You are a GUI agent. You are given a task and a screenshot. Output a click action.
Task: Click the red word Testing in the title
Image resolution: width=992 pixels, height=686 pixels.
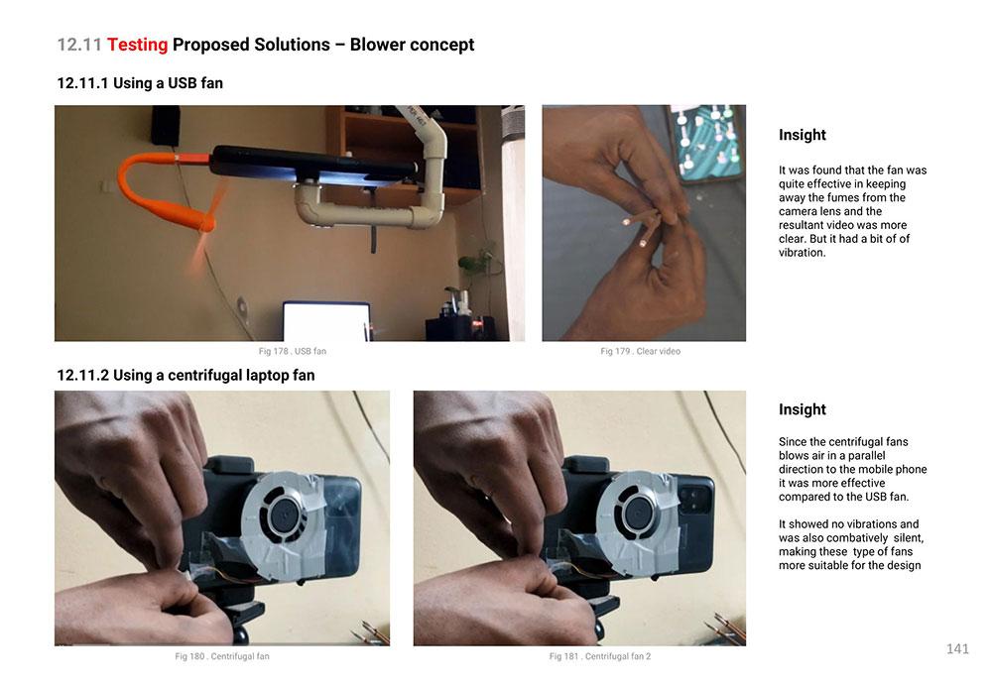click(137, 45)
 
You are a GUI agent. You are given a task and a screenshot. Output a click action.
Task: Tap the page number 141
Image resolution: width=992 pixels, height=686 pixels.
click(957, 648)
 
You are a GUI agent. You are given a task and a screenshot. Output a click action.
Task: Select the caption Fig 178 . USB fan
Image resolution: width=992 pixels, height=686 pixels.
click(293, 351)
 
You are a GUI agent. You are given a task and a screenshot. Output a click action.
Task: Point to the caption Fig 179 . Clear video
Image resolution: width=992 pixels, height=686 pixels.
click(640, 351)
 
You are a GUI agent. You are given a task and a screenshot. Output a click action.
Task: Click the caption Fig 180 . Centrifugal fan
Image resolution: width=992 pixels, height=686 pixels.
click(222, 656)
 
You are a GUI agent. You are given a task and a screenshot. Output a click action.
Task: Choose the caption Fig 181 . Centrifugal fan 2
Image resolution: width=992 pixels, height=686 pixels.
click(600, 656)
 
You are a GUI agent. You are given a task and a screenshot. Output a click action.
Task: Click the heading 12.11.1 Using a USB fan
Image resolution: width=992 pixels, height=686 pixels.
click(140, 83)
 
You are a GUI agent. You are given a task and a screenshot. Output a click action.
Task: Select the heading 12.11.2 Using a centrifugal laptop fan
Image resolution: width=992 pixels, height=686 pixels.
click(186, 375)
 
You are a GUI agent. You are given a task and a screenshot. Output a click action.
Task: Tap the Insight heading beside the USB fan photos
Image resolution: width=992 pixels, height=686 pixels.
click(803, 135)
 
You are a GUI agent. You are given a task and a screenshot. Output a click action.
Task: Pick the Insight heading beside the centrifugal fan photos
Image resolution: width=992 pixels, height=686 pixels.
click(803, 409)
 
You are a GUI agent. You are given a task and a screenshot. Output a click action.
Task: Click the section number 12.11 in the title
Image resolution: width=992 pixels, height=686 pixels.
click(79, 45)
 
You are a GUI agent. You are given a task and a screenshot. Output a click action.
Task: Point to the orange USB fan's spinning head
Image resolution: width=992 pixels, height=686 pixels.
click(205, 221)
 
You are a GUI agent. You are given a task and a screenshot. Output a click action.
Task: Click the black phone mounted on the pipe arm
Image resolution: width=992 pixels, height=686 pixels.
click(313, 166)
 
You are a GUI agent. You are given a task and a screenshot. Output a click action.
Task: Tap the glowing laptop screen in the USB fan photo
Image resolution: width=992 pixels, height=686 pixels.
click(325, 321)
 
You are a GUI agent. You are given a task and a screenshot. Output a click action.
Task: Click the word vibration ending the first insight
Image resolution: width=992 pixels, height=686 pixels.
click(802, 252)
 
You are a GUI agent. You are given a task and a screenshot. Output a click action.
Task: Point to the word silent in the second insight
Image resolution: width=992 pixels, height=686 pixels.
click(908, 538)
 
